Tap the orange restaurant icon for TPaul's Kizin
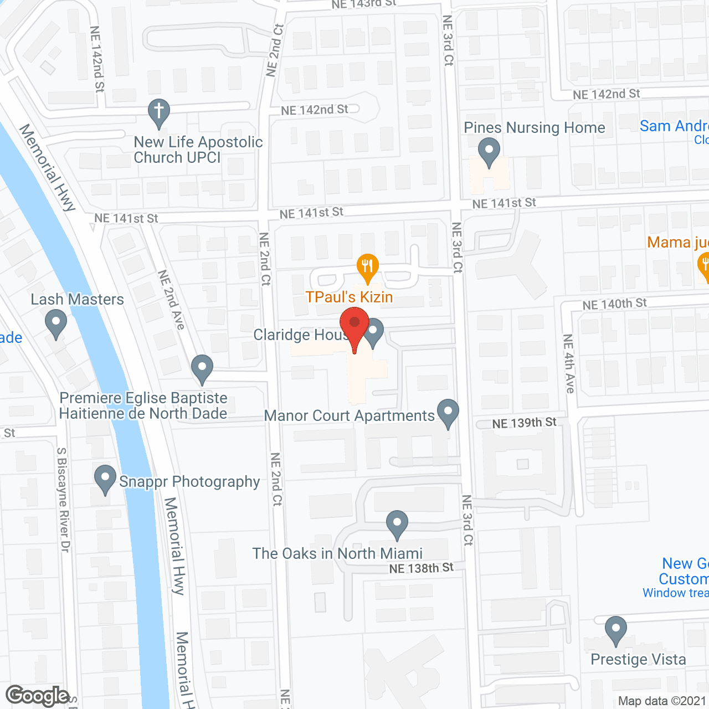click(x=367, y=267)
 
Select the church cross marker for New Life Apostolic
click(x=159, y=112)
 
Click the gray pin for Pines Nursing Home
click(x=489, y=151)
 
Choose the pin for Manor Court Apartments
click(x=448, y=413)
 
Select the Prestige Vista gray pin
click(x=615, y=630)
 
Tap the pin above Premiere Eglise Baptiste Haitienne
click(x=202, y=368)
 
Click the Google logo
click(x=37, y=696)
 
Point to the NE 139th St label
click(x=524, y=423)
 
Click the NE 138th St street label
click(x=421, y=568)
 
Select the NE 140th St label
click(x=614, y=304)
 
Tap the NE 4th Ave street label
click(x=569, y=363)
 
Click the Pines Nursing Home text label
click(x=535, y=128)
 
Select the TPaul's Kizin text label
click(x=349, y=297)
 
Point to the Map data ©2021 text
click(x=662, y=701)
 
